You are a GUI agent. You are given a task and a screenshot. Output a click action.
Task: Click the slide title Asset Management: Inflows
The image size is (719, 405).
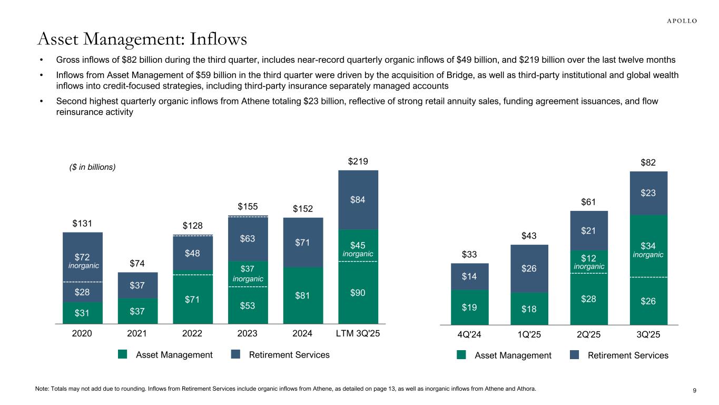(142, 38)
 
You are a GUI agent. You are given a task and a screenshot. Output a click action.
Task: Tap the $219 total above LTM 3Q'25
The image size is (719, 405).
(358, 161)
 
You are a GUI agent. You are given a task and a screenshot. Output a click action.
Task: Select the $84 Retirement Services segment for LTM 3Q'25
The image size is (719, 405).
(358, 200)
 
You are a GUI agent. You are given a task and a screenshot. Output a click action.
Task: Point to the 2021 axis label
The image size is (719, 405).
(137, 333)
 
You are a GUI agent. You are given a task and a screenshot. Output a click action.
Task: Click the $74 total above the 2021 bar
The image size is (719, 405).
(137, 263)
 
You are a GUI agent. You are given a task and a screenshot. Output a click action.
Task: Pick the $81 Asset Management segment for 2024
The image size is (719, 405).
(303, 295)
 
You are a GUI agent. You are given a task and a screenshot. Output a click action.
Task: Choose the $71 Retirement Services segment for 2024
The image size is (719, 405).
(303, 243)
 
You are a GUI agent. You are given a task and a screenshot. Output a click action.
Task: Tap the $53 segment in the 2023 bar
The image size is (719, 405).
(248, 305)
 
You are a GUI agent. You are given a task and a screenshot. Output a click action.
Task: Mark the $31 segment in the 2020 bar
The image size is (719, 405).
(82, 313)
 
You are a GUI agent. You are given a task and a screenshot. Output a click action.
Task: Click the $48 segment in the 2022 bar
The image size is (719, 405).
(193, 253)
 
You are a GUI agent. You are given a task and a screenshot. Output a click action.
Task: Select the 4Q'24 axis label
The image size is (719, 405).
(470, 334)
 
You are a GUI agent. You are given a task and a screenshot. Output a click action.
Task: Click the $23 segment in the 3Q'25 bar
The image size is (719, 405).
(648, 193)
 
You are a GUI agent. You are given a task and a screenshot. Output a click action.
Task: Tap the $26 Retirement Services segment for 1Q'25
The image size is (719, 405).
(529, 268)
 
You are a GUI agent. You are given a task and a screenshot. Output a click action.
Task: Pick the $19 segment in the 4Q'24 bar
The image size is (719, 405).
(470, 307)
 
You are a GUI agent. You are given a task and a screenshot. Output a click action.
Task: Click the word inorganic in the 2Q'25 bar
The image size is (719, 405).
(589, 267)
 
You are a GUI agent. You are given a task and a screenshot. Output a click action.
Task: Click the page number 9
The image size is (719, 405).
(695, 390)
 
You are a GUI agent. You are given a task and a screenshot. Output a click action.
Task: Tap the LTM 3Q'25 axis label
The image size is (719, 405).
(358, 333)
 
